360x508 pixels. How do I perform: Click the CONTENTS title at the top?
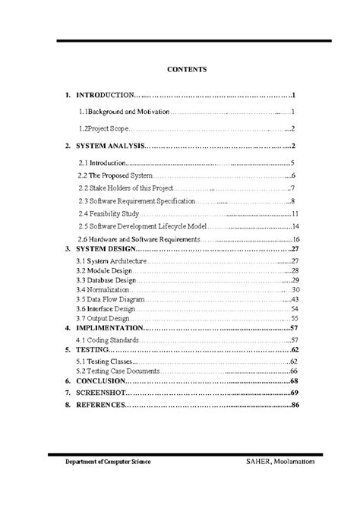186,69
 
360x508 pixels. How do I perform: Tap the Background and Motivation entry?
125,111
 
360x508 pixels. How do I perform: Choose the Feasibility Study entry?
109,213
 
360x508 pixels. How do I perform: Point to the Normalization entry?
103,290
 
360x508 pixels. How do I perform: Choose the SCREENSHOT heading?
100,392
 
